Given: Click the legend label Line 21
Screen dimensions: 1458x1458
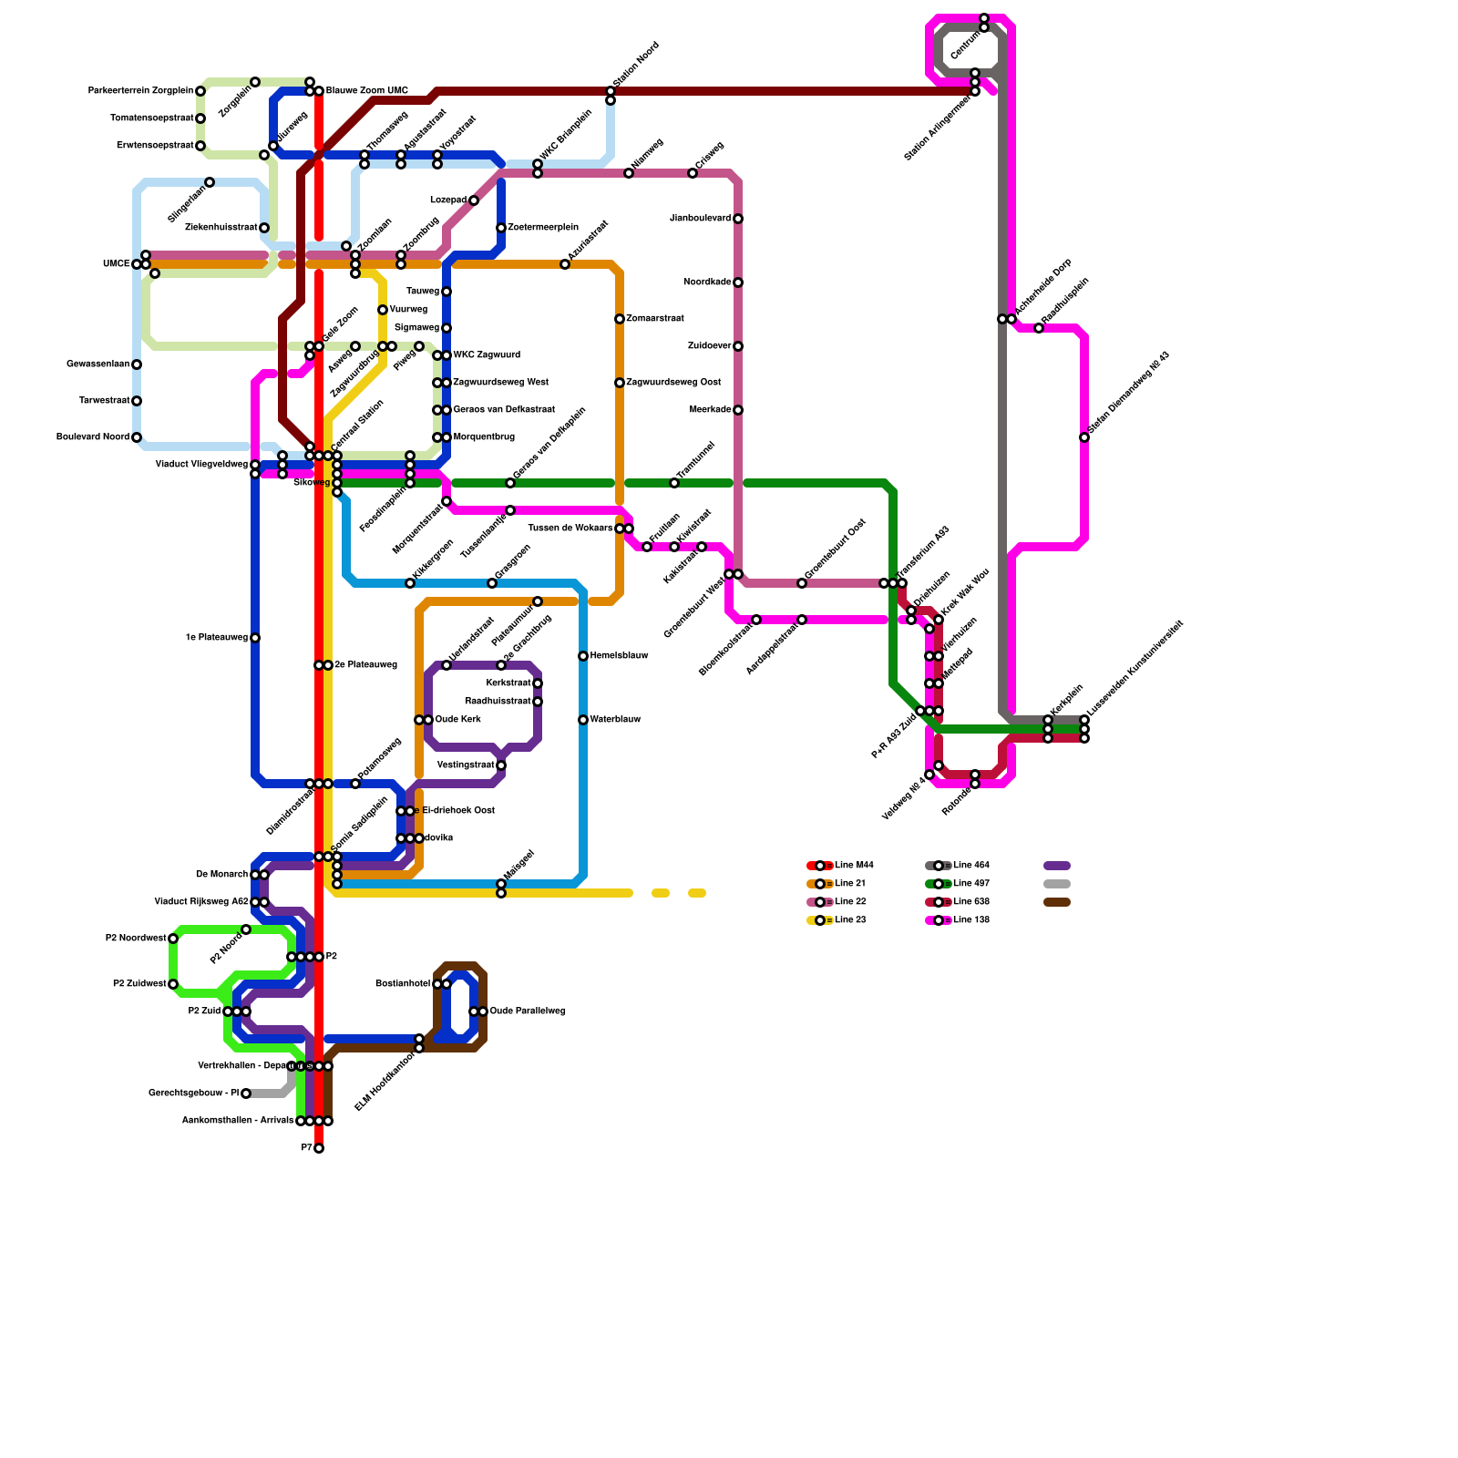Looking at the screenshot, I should pyautogui.click(x=850, y=884).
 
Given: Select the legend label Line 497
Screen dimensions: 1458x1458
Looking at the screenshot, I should pyautogui.click(x=971, y=884).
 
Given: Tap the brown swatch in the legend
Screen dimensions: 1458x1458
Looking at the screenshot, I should pyautogui.click(x=1057, y=902).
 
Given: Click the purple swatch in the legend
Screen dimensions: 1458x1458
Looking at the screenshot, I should pyautogui.click(x=1057, y=866).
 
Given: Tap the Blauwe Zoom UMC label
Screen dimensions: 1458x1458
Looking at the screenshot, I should pyautogui.click(x=367, y=91).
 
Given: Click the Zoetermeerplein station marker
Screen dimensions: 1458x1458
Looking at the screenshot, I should pyautogui.click(x=501, y=228).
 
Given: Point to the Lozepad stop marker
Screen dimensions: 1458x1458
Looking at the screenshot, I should pyautogui.click(x=474, y=200).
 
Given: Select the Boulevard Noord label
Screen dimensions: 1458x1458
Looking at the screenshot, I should pyautogui.click(x=93, y=437).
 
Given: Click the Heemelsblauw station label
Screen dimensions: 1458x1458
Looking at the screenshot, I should pyautogui.click(x=619, y=656).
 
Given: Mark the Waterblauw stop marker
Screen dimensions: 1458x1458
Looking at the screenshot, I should pyautogui.click(x=583, y=720).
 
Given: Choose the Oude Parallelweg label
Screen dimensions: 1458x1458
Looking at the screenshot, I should pyautogui.click(x=528, y=1011).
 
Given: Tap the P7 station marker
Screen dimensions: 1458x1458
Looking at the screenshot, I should pyautogui.click(x=319, y=1148).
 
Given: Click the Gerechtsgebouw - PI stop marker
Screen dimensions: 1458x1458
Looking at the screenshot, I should pyautogui.click(x=246, y=1093).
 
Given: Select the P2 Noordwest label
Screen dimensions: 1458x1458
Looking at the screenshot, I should pyautogui.click(x=136, y=939).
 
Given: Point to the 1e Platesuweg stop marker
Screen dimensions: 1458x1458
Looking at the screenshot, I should pyautogui.click(x=255, y=638).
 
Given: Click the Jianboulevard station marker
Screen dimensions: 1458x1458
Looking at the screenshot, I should pyautogui.click(x=738, y=219).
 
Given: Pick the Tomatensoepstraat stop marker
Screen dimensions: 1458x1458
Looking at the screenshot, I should pyautogui.click(x=200, y=118).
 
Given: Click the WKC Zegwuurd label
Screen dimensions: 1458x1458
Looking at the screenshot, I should pyautogui.click(x=487, y=355).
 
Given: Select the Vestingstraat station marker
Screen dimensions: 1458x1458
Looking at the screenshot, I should pyautogui.click(x=501, y=765).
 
